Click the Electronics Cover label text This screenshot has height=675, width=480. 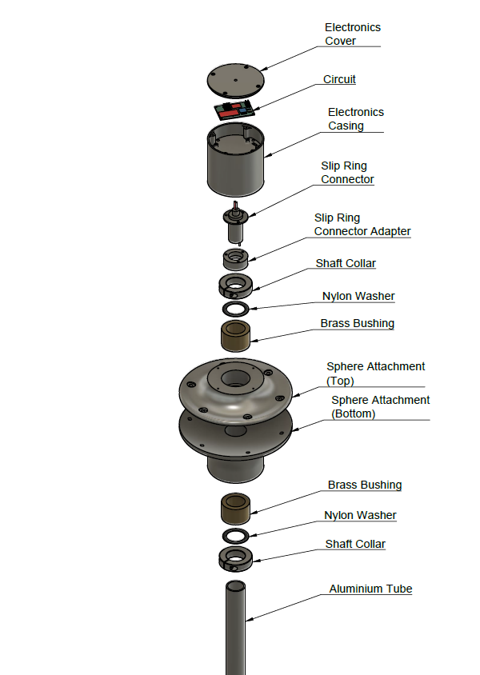tap(352, 34)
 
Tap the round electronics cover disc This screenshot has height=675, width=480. tap(236, 80)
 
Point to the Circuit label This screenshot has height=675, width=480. tap(339, 79)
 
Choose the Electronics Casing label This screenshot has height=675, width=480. tap(355, 118)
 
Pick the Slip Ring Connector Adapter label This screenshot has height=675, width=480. tap(362, 224)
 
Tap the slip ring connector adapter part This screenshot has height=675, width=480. tap(235, 258)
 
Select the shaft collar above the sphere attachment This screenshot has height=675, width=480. tap(235, 286)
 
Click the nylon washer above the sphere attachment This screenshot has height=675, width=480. tap(235, 309)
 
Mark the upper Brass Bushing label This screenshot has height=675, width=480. tap(357, 324)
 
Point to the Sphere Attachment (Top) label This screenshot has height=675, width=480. tap(375, 373)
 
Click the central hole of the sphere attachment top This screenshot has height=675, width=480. tap(235, 377)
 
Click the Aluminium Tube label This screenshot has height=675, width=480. tap(370, 589)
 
